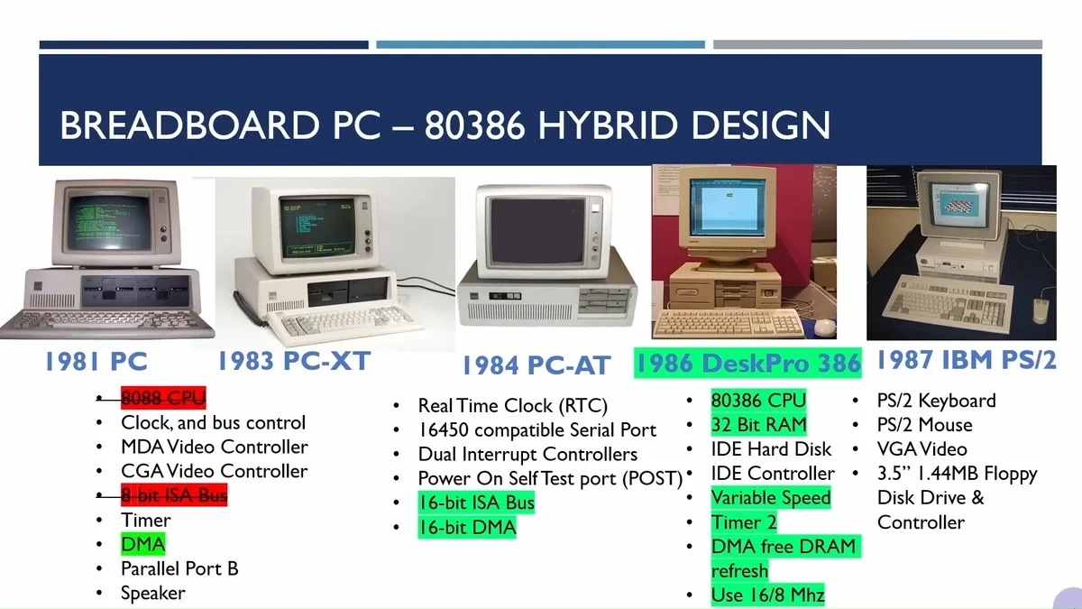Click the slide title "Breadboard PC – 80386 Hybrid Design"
(445, 125)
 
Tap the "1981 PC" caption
(96, 362)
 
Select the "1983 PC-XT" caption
(293, 361)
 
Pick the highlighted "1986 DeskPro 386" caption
(747, 363)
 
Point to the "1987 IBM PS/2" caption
(966, 360)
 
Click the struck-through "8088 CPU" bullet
(163, 398)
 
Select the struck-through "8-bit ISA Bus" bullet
(174, 495)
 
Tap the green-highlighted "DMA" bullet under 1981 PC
(143, 544)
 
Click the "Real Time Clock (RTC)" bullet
(512, 406)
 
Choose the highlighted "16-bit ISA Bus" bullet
(476, 503)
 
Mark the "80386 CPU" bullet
(758, 401)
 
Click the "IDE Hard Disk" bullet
(771, 449)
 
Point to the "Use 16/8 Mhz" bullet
(767, 595)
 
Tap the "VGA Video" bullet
(922, 449)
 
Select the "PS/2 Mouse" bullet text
(924, 425)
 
